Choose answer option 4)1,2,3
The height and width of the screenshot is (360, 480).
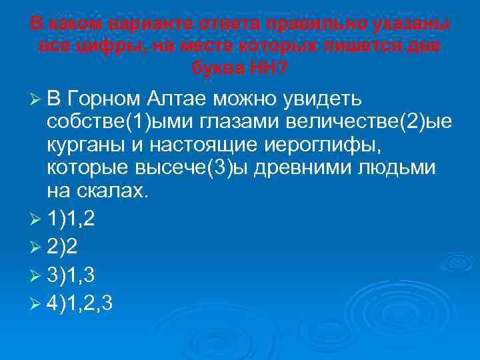coord(79,303)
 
